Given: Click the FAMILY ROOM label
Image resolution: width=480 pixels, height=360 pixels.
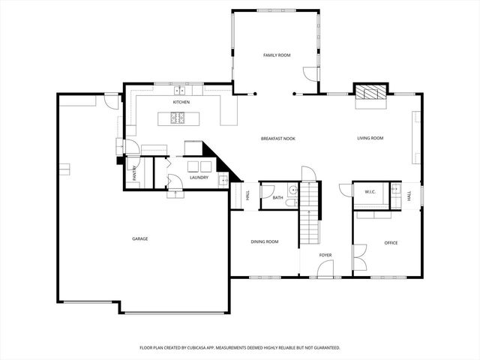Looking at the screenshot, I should click(x=276, y=55).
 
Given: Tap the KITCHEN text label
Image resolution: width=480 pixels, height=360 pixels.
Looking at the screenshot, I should click(x=181, y=101).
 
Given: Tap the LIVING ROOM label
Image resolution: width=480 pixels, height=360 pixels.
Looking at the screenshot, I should click(x=370, y=138).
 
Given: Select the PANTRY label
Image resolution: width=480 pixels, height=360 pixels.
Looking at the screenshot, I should click(x=134, y=173).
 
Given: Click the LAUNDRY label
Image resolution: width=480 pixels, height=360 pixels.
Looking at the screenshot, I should click(x=199, y=178).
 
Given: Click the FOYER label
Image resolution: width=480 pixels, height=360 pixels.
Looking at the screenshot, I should click(x=325, y=255).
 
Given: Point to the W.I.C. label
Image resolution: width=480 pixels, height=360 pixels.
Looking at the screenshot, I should click(x=370, y=192).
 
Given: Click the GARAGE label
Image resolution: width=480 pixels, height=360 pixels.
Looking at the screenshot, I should click(x=139, y=238).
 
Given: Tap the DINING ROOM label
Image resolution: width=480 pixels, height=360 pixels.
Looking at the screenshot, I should click(x=264, y=241).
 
